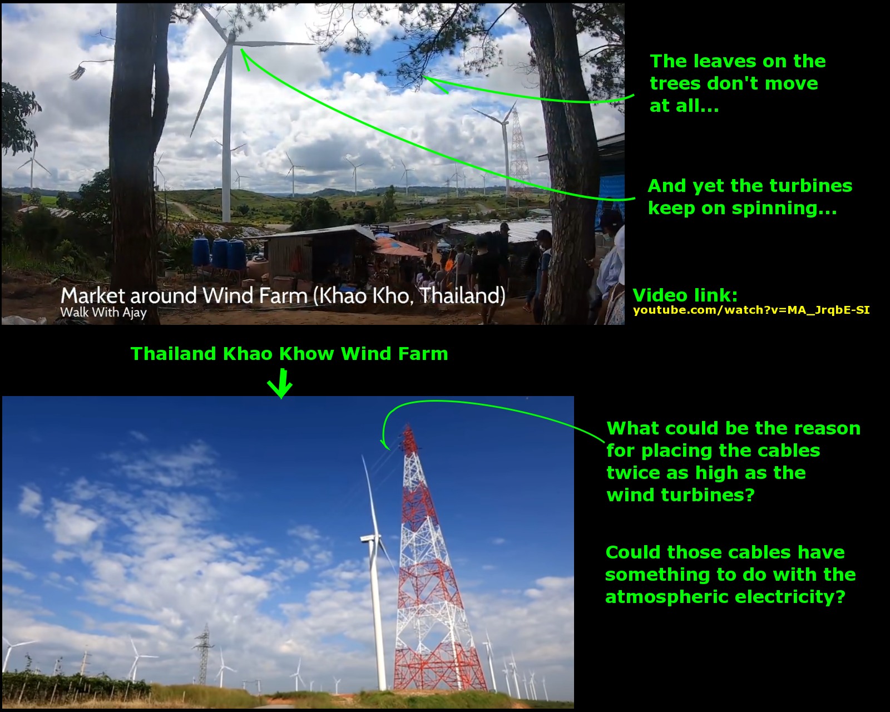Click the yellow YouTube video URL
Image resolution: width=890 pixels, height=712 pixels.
tap(751, 310)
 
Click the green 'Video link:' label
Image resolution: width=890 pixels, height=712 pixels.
tap(685, 295)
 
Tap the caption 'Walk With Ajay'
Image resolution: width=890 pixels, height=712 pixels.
tap(103, 313)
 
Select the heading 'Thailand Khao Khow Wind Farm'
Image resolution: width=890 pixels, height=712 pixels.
tap(289, 354)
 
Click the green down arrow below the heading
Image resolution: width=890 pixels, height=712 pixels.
tap(280, 383)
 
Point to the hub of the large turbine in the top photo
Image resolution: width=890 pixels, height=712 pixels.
tap(231, 39)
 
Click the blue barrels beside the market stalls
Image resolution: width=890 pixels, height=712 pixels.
tap(219, 253)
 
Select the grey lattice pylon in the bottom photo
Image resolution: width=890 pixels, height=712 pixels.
tap(202, 654)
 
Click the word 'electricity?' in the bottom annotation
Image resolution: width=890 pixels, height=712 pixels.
tap(784, 597)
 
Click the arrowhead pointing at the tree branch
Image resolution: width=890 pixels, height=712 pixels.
tap(432, 83)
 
